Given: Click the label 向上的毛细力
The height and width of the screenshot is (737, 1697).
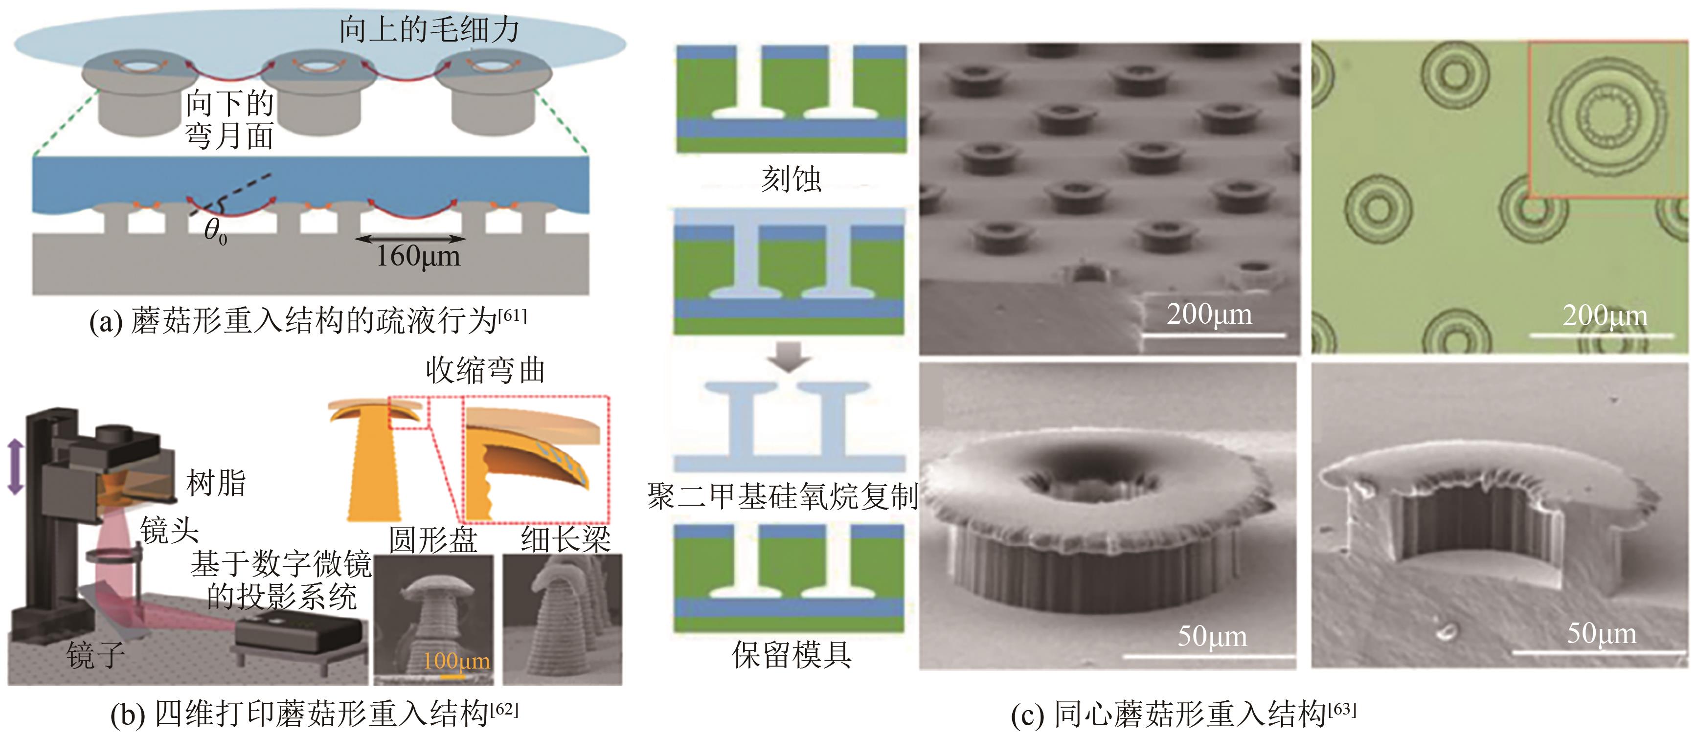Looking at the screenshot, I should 429,30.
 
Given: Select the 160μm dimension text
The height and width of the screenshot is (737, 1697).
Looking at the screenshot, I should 418,256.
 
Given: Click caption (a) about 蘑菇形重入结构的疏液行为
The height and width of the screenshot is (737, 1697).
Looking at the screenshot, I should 308,321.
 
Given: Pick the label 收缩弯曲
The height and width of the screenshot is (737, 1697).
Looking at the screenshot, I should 485,370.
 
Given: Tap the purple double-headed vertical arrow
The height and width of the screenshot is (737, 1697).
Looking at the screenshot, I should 15,467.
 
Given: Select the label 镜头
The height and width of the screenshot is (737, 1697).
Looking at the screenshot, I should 169,530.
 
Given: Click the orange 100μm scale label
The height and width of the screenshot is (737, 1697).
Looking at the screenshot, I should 456,661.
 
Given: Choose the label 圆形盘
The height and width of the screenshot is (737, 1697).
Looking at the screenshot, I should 433,540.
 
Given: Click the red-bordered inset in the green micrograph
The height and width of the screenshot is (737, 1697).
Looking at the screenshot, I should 1607,118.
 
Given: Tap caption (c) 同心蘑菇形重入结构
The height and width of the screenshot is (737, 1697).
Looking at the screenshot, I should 1183,714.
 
